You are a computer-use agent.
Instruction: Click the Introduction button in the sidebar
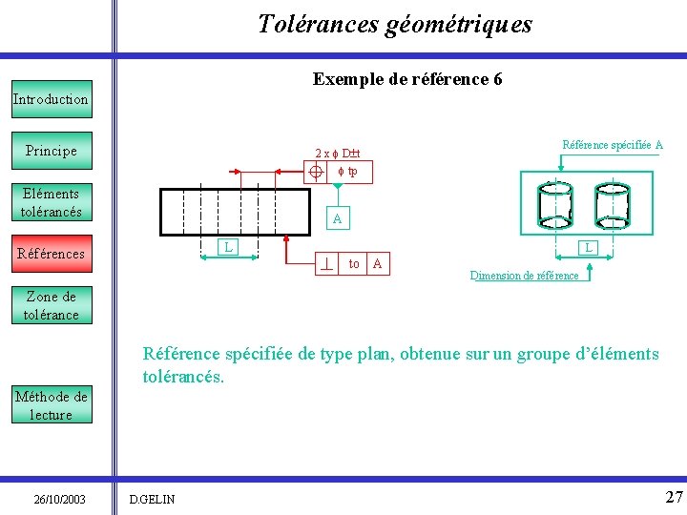coord(51,99)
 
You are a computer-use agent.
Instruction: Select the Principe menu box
coord(52,151)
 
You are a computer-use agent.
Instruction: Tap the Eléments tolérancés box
coord(52,202)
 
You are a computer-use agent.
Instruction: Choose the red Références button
coord(52,254)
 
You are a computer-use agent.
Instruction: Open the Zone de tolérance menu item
coord(52,305)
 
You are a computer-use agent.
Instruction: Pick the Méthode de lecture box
coord(52,405)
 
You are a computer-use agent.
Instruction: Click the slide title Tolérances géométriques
coord(395,24)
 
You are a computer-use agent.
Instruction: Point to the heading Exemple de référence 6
coord(407,79)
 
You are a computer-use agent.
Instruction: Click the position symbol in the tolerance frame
coord(317,172)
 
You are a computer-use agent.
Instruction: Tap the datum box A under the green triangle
coord(337,219)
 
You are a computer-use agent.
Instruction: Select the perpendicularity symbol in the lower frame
coord(327,263)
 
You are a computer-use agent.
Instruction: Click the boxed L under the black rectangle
coord(227,248)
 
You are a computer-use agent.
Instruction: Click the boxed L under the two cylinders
coord(589,248)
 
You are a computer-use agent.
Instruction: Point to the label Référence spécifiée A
coord(613,145)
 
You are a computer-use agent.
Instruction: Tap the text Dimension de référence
coord(524,276)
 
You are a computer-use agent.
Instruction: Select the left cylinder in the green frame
coord(554,205)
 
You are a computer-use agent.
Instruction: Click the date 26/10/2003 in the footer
coord(59,499)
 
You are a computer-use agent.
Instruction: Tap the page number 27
coord(674,497)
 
